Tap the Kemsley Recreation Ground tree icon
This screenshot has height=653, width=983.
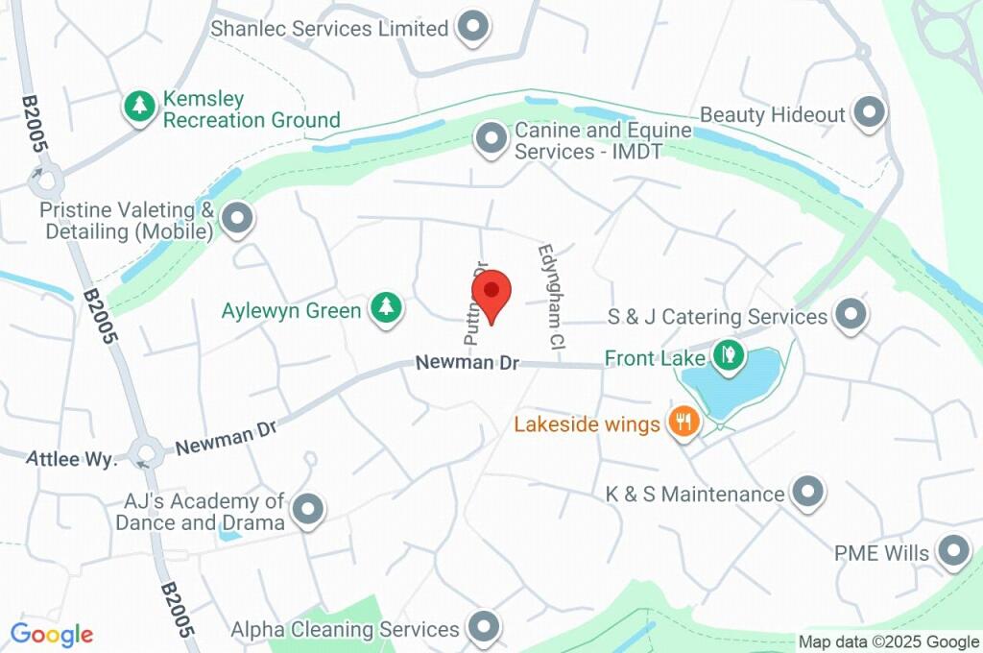[x=141, y=107]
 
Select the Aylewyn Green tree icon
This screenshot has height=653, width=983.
[x=386, y=308]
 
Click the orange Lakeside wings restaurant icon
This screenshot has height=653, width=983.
[x=683, y=421]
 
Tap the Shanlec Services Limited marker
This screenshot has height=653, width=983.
[x=471, y=28]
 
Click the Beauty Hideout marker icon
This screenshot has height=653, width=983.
[x=870, y=113]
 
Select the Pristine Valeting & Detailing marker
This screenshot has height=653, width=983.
[x=236, y=218]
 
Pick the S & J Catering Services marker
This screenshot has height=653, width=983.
[x=851, y=314]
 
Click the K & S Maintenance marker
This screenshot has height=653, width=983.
[x=808, y=492]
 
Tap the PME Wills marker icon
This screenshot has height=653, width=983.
[x=953, y=551]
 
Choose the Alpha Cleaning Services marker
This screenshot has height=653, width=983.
[x=483, y=628]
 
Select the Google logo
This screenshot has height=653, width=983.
[x=51, y=635]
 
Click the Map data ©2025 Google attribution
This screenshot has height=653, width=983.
[x=889, y=642]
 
